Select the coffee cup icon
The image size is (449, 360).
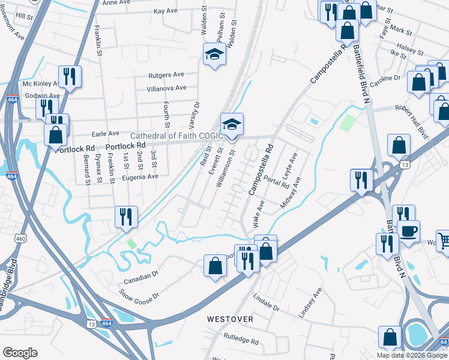pyautogui.click(x=408, y=231)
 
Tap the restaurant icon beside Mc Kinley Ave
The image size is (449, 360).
pyautogui.click(x=70, y=77)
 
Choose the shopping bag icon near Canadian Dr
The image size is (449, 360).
pyautogui.click(x=215, y=266)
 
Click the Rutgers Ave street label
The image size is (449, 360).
pyautogui.click(x=166, y=75)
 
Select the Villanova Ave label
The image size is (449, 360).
pyautogui.click(x=165, y=89)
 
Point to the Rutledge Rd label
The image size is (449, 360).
pyautogui.click(x=240, y=341)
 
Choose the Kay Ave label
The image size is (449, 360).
pyautogui.click(x=166, y=11)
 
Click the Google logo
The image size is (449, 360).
pyautogui.click(x=20, y=353)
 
